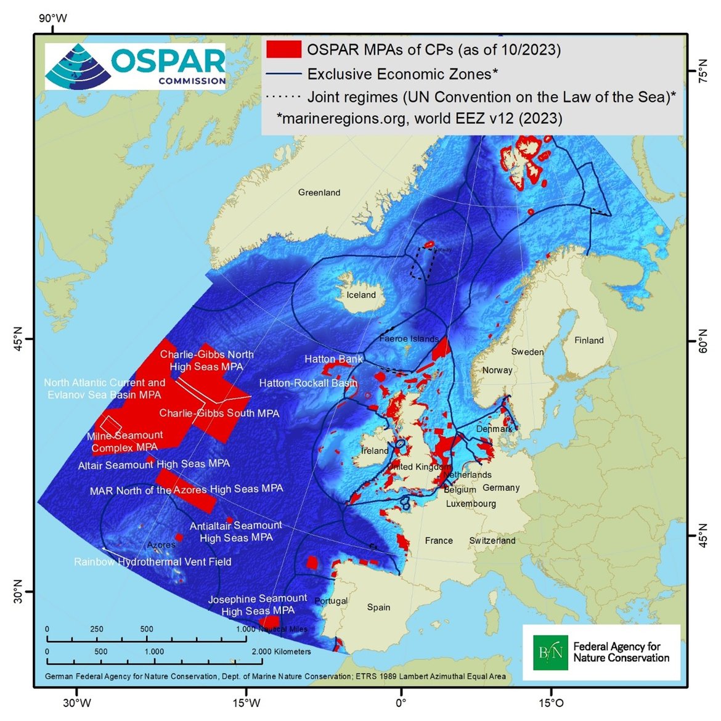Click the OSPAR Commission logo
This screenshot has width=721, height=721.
click(135, 67)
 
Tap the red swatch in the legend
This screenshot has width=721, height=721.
click(283, 49)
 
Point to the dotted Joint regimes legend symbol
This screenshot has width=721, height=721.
click(283, 97)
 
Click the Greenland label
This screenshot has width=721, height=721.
click(319, 193)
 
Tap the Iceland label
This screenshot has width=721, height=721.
click(361, 295)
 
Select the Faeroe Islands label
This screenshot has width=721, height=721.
click(409, 339)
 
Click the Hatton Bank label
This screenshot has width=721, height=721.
click(333, 359)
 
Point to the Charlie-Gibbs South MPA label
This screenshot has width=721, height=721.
click(219, 413)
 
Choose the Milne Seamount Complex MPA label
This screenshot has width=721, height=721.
click(125, 441)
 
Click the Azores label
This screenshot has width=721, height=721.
click(161, 545)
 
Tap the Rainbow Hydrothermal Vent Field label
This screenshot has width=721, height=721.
click(153, 562)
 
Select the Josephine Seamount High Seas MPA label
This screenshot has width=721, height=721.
click(258, 605)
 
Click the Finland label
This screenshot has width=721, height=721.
click(589, 340)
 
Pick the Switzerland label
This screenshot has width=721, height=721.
click(492, 540)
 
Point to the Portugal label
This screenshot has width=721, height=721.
click(331, 601)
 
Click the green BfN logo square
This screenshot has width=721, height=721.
click(550, 653)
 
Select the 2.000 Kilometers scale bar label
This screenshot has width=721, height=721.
click(281, 651)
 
